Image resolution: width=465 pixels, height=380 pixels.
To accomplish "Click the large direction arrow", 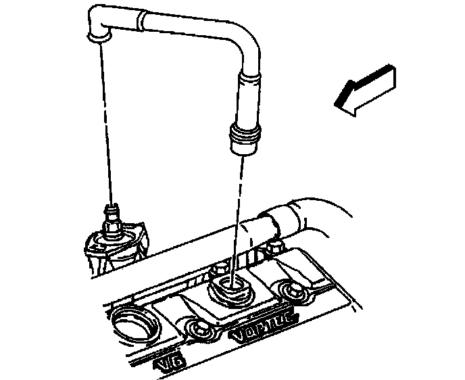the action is point(365,89).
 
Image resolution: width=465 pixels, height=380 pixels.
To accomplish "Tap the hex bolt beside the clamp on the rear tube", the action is point(274,247).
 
